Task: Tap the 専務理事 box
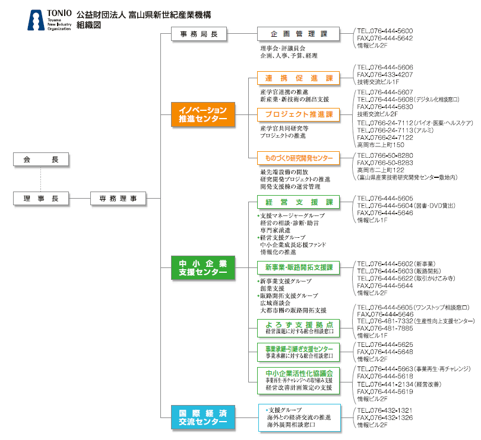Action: [118, 199]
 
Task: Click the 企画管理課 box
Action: [299, 34]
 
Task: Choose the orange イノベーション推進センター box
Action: [202, 114]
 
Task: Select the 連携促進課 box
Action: [299, 78]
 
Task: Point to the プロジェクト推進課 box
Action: [299, 114]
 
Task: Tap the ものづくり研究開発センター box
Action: [299, 158]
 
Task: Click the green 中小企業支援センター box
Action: [202, 267]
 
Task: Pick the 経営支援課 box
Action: [299, 202]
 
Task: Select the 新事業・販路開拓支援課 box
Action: [299, 267]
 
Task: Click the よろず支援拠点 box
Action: [299, 327]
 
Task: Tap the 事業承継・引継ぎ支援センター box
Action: [299, 350]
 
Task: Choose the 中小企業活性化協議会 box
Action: [299, 380]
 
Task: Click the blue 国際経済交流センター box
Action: [202, 417]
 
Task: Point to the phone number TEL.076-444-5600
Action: [385, 31]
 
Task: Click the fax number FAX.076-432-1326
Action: [385, 417]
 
